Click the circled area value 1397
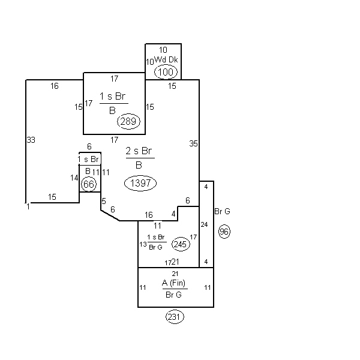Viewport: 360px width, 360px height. pos(140,183)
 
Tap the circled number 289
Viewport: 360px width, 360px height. pos(128,121)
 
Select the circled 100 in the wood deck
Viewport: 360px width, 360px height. pos(166,72)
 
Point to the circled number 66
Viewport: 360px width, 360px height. pos(89,184)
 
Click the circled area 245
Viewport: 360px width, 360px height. pos(181,244)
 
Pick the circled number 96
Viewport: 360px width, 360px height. pos(224,232)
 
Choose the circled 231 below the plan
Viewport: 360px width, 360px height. pos(175,317)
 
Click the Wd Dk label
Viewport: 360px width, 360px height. pos(166,59)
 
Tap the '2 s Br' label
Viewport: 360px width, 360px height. pos(139,151)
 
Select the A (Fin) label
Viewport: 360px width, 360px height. pos(173,283)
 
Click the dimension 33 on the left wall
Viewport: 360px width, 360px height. pos(31,140)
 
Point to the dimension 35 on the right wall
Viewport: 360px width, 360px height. pos(193,143)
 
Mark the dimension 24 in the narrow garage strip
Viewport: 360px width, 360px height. pos(204,224)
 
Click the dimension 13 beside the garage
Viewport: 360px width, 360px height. pos(143,244)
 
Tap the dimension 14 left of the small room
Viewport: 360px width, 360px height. pos(74,178)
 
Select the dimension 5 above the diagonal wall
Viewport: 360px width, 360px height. pos(104,201)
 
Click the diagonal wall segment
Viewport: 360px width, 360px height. pos(110,215)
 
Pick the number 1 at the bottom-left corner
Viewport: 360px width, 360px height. pos(28,206)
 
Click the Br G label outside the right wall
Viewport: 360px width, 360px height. pos(222,211)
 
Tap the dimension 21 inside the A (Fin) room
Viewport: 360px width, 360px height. pos(175,274)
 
